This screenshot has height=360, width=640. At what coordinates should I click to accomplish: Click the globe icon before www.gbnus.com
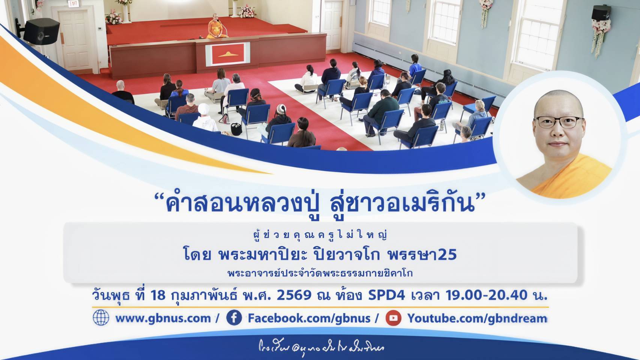coord(101,318)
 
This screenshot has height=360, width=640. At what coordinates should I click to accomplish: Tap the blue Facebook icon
coord(234,318)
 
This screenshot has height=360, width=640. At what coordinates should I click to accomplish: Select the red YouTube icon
coord(393,318)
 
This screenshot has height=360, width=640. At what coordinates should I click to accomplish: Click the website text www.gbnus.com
coord(163,318)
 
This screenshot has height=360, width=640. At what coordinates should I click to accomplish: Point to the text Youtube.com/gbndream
coord(477,318)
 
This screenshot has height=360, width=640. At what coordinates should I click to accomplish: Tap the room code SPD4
coord(386,295)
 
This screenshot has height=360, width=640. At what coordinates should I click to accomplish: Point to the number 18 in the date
coord(158,295)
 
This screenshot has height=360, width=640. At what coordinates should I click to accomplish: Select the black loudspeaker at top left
coord(41,31)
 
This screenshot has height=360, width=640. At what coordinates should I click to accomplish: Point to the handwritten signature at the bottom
coord(321,348)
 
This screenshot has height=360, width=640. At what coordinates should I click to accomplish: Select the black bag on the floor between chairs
coord(236,129)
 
